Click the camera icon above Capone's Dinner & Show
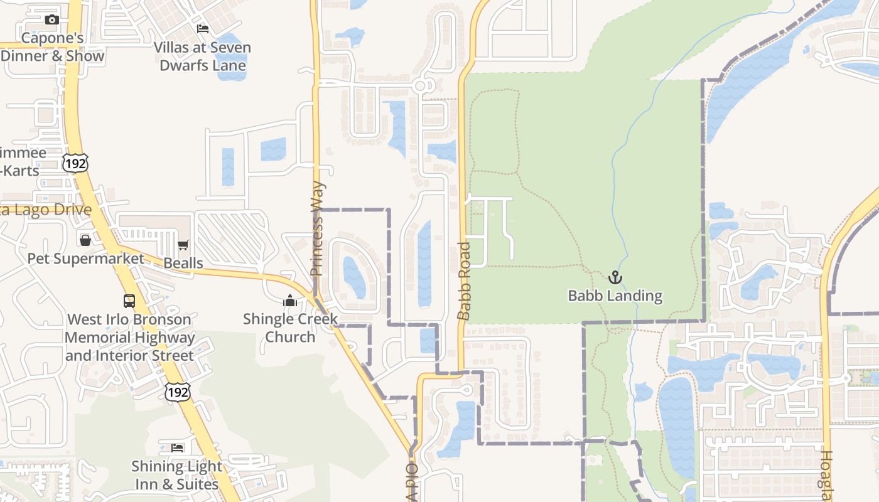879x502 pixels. pos(52,20)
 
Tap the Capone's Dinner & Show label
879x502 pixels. pos(52,47)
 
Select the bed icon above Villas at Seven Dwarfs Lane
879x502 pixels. pos(202,29)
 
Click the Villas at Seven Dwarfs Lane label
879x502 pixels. pos(202,56)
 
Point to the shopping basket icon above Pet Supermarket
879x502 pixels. pos(85,240)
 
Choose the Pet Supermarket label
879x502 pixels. pos(85,259)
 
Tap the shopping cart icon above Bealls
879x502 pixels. pos(183,245)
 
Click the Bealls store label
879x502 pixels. pos(183,263)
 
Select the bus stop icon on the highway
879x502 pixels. pos(129,301)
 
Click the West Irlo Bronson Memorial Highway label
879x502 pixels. pos(129,338)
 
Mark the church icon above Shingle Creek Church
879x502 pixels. pos(289,301)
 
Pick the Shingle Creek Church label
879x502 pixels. pos(290,328)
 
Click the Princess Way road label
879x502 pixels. pos(317,229)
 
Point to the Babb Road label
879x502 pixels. pos(464,280)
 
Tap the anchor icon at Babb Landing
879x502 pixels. pos(615,277)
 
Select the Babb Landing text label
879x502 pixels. pos(615,296)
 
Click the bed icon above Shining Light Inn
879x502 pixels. pos(178,448)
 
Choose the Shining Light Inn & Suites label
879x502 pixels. pos(177,476)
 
